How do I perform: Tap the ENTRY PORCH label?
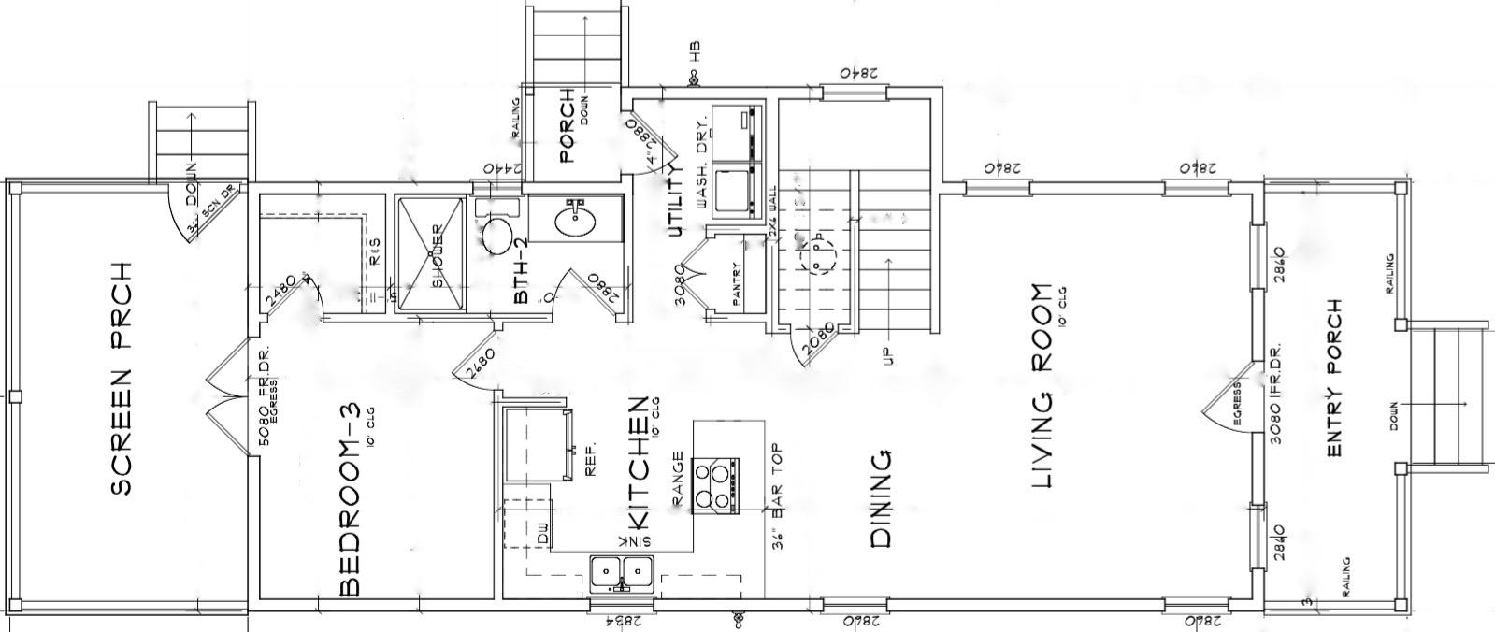(x=1334, y=378)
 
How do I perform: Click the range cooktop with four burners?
(x=716, y=485)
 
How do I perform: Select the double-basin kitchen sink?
(x=622, y=568)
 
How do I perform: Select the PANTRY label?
(x=736, y=284)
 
